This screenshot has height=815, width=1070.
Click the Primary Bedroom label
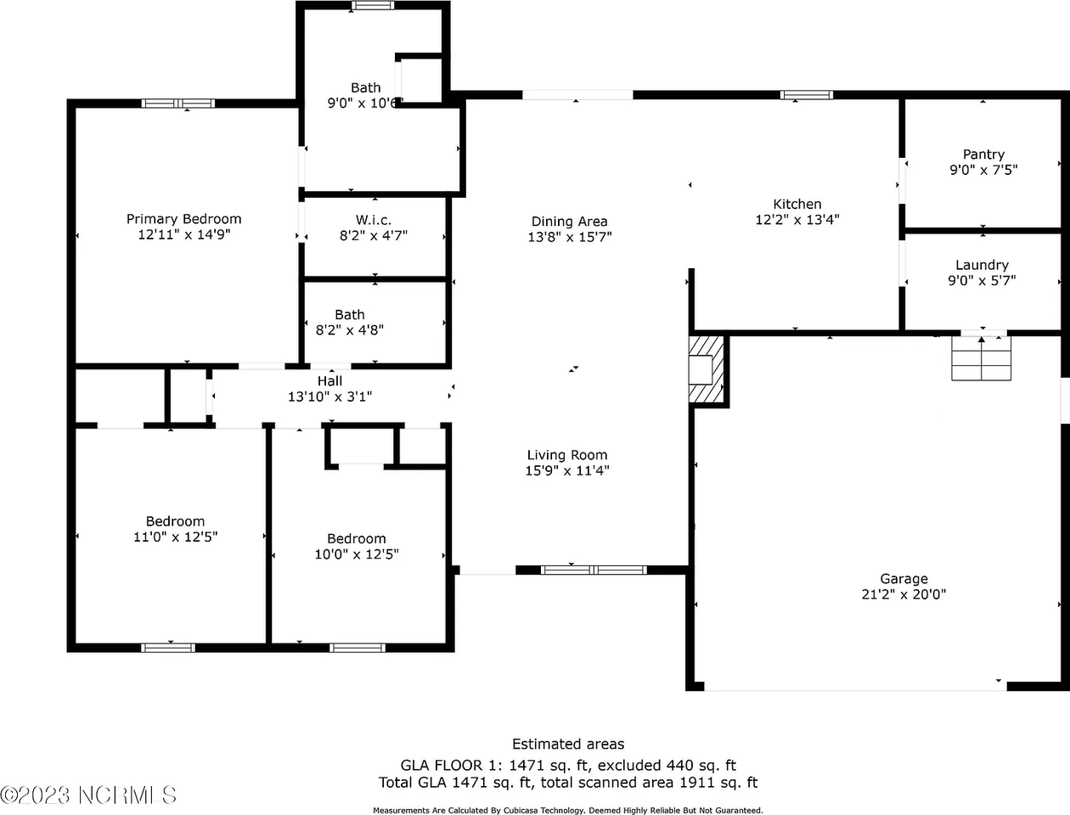pyautogui.click(x=183, y=219)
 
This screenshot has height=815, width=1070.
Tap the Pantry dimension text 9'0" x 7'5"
pyautogui.click(x=983, y=170)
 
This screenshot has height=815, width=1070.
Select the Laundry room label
pyautogui.click(x=982, y=265)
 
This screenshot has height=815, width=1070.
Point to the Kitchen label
pyautogui.click(x=797, y=204)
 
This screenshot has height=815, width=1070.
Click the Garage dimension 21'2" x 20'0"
pyautogui.click(x=904, y=594)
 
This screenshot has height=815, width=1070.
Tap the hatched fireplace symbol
pyautogui.click(x=706, y=369)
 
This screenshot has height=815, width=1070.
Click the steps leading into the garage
pyautogui.click(x=982, y=358)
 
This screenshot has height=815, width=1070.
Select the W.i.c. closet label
pyautogui.click(x=374, y=220)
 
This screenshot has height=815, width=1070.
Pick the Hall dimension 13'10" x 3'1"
pyautogui.click(x=330, y=396)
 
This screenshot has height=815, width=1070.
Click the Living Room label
pyautogui.click(x=567, y=455)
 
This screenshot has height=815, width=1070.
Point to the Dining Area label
pyautogui.click(x=569, y=222)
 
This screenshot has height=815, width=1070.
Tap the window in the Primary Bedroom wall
pyautogui.click(x=178, y=104)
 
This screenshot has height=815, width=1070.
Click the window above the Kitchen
pyautogui.click(x=806, y=95)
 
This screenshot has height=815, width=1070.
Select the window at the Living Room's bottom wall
pyautogui.click(x=594, y=570)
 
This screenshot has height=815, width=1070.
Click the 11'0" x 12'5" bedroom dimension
pyautogui.click(x=176, y=537)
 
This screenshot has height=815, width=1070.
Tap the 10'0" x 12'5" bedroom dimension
pyautogui.click(x=357, y=554)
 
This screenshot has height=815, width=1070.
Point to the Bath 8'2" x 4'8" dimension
pyautogui.click(x=350, y=330)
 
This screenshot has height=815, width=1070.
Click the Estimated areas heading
pyautogui.click(x=568, y=744)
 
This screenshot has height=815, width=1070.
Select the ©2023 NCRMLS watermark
pyautogui.click(x=87, y=795)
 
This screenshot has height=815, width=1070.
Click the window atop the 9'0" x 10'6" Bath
pyautogui.click(x=373, y=5)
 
